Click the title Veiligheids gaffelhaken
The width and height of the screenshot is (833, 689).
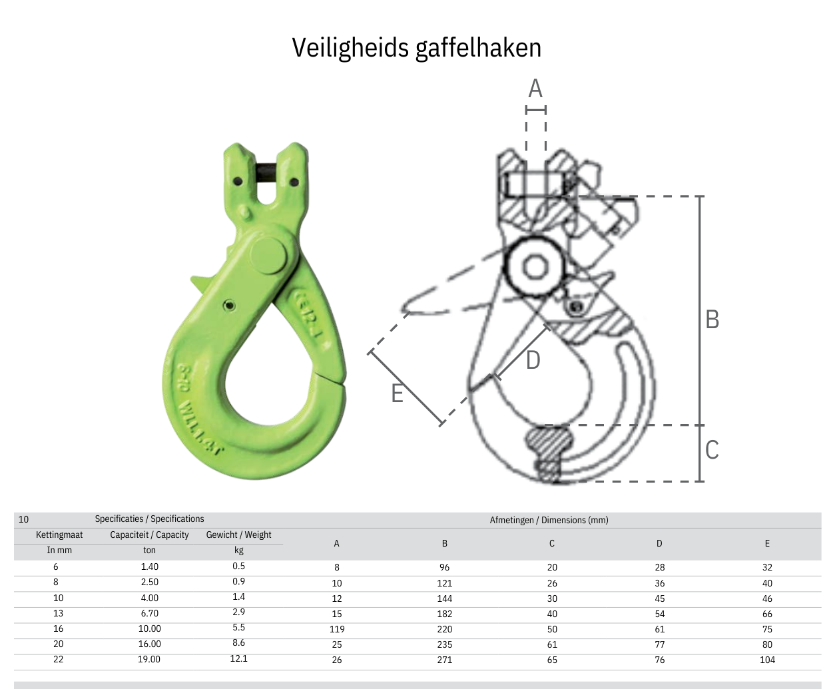[x=416, y=48]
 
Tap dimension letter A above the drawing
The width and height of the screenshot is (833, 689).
[x=535, y=89]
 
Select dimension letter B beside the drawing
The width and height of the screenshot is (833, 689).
[x=712, y=320]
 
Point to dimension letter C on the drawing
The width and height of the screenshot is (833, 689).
[x=712, y=449]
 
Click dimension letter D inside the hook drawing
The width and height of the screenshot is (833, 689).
[x=533, y=360]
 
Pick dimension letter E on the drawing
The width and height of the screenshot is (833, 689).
[x=398, y=393]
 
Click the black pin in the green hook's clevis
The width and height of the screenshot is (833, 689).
[x=266, y=174]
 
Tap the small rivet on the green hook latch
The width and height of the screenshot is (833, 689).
[x=229, y=306]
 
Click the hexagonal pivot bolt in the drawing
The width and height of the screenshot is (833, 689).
[x=534, y=267]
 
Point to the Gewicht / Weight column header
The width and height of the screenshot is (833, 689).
[x=238, y=535]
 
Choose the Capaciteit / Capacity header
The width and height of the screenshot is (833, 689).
[x=149, y=535]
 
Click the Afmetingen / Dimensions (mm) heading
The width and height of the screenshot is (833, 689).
[x=549, y=520]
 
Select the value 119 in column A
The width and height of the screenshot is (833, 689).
[x=337, y=629]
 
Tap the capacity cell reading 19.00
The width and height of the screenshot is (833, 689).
[x=149, y=659]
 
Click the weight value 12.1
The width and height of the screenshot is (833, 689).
[x=238, y=658]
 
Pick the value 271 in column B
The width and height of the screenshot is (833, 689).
[x=444, y=660]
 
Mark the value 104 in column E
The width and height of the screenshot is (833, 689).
[x=767, y=660]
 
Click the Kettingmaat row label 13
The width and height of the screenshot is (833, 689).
[x=59, y=613]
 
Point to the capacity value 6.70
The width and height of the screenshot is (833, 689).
[x=149, y=613]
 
